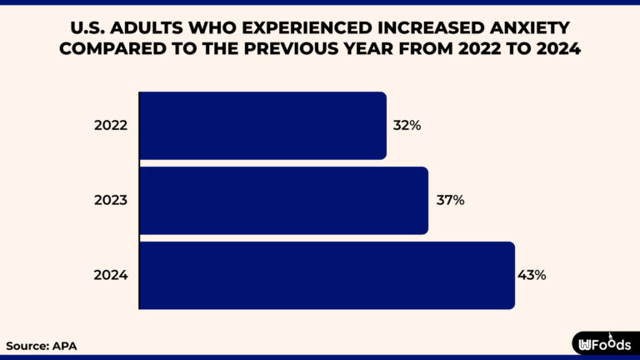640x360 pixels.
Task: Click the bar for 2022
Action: [262, 125]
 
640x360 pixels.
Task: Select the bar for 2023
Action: [283, 200]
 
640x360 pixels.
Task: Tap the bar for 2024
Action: [327, 275]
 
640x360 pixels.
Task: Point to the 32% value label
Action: [407, 126]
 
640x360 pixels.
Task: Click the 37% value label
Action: [450, 200]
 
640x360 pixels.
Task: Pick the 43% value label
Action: [532, 275]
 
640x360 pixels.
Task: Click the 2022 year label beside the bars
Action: [111, 126]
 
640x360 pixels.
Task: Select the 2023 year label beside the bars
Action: [111, 200]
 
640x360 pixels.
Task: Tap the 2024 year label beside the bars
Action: [111, 275]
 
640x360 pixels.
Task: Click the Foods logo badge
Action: [604, 343]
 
